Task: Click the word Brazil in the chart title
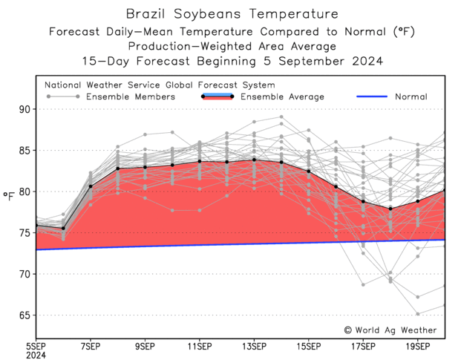[x=146, y=14]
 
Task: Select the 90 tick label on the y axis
[x=23, y=109]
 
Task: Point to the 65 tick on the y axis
[x=23, y=315]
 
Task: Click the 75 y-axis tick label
[x=23, y=232]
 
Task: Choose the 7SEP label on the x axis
[x=90, y=346]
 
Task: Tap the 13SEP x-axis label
[x=253, y=346]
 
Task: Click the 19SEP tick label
[x=417, y=346]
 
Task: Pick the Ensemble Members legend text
[x=131, y=96]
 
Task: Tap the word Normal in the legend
[x=411, y=96]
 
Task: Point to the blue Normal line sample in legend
[x=373, y=96]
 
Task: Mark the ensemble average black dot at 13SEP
[x=254, y=160]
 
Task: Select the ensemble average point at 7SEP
[x=91, y=186]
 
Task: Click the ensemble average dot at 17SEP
[x=363, y=202]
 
